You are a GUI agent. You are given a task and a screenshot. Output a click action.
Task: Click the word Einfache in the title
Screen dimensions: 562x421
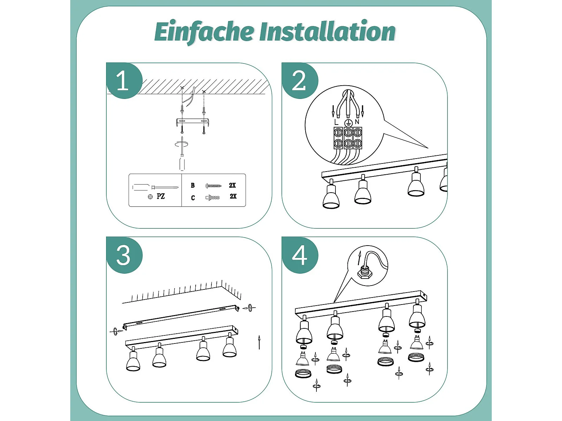tap(204, 32)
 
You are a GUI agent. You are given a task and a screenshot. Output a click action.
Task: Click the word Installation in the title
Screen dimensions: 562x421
tap(327, 31)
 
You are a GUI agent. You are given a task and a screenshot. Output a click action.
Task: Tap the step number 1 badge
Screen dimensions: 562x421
tap(124, 81)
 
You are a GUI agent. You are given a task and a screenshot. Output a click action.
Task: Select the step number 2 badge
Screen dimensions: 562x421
tap(300, 81)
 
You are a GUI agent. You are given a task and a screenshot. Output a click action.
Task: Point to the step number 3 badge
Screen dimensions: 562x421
tap(124, 255)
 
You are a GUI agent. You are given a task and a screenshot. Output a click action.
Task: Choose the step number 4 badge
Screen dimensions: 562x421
tap(300, 255)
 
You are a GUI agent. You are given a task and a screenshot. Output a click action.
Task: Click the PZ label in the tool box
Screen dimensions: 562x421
tap(161, 196)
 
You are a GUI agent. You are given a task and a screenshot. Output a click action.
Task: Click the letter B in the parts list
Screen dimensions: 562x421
tap(193, 185)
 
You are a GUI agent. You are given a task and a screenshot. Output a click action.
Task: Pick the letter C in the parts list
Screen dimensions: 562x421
tap(193, 198)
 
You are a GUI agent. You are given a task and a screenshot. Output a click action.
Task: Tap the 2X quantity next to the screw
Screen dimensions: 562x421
tap(233, 185)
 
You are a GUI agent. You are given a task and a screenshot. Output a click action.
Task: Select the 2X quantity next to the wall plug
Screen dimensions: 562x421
tap(233, 196)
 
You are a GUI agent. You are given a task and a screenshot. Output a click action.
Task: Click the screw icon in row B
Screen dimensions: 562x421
tap(213, 186)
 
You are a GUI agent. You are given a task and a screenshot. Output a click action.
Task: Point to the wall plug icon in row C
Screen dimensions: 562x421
tap(213, 198)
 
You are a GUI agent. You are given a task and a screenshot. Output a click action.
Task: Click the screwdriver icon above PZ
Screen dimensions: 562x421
tap(155, 187)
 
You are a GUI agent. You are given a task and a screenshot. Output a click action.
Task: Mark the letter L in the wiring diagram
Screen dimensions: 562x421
tap(336, 122)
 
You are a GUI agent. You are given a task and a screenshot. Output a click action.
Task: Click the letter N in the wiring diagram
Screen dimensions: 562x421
tap(357, 122)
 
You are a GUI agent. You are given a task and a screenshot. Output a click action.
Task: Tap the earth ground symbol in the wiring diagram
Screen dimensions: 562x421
tap(348, 123)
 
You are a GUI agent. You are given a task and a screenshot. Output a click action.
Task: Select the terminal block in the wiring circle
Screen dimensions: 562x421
tap(348, 138)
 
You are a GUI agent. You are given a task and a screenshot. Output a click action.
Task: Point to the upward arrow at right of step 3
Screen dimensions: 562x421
tap(259, 342)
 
